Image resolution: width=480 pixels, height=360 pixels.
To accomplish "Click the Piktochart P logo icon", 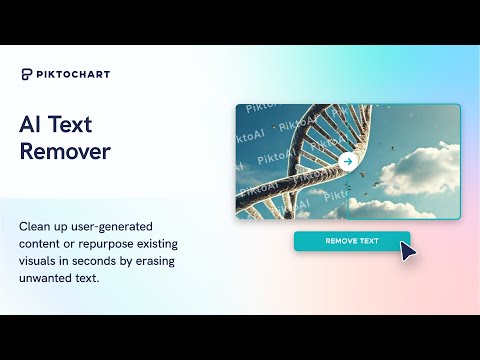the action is click(x=27, y=74).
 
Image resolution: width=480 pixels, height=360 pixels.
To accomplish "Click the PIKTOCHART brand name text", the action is click(x=73, y=74).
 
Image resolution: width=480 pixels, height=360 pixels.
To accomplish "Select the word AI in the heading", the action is click(x=28, y=124).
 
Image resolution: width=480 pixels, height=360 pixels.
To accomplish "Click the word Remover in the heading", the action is click(x=65, y=151).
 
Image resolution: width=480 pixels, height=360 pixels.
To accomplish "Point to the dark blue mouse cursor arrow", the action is click(x=408, y=251).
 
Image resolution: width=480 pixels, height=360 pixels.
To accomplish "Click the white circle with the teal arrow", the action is click(x=348, y=162).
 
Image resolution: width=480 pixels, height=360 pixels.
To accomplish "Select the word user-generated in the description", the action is click(x=112, y=227).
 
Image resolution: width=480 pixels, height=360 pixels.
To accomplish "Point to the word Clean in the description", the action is click(x=33, y=227).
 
